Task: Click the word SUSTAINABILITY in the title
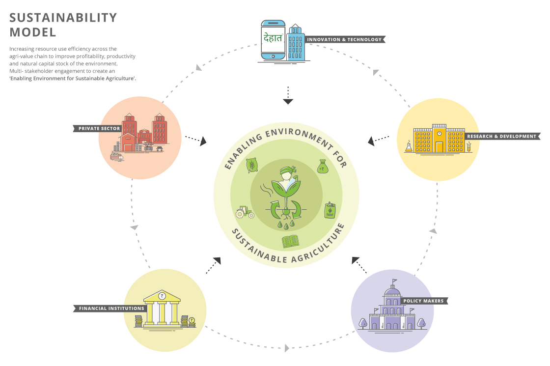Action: pos(63,18)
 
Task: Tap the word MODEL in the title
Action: pos(32,32)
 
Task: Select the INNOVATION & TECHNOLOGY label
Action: pos(344,40)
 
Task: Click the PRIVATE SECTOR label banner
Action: pos(98,128)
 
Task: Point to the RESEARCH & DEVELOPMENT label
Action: pos(502,136)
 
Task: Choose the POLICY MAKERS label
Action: pos(424,301)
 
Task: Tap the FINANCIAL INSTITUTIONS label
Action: pos(110,309)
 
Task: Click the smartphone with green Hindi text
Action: pos(273,40)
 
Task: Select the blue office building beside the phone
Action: pos(295,42)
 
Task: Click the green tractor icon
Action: pos(245,212)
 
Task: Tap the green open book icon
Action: pos(290,241)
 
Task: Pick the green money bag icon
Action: pos(323,167)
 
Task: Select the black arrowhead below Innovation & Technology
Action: pos(288,101)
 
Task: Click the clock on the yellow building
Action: pos(439,133)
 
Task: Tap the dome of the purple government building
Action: pos(392,290)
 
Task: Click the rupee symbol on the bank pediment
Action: pos(162,296)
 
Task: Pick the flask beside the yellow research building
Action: pos(409,146)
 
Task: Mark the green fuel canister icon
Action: pos(330,210)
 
